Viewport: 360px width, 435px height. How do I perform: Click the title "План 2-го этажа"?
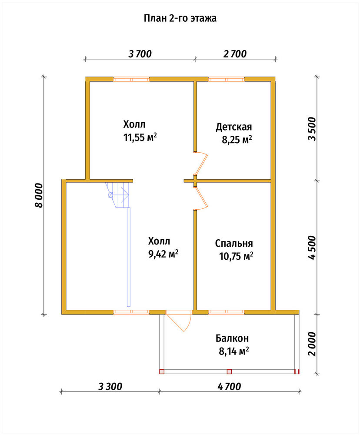(x=180, y=18)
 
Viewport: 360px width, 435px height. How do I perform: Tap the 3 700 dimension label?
(x=140, y=54)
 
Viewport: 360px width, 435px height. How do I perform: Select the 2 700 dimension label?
(x=235, y=54)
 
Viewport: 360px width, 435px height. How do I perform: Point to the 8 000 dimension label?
(x=39, y=195)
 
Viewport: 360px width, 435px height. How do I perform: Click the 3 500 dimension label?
(x=312, y=129)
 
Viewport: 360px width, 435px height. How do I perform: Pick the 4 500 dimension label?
(x=312, y=248)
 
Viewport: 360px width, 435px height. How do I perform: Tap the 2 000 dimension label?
(x=312, y=344)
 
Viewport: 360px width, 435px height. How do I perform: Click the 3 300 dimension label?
(x=110, y=386)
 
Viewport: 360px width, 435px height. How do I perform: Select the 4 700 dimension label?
(x=230, y=386)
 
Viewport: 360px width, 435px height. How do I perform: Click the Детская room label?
(x=234, y=127)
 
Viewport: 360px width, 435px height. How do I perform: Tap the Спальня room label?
(x=234, y=243)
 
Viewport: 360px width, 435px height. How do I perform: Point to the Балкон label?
(x=232, y=338)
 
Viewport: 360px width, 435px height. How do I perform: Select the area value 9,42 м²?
(x=163, y=254)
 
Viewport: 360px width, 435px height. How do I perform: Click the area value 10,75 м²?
(x=236, y=256)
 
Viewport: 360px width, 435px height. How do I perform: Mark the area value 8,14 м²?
(x=234, y=351)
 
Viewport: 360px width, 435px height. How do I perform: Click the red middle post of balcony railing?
(x=229, y=371)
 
